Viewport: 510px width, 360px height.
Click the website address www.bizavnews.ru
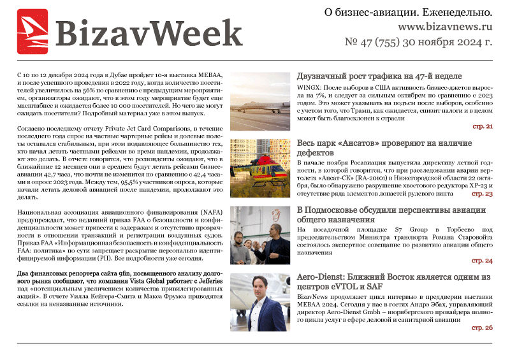point(445,28)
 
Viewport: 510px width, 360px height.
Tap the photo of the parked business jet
point(259,101)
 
